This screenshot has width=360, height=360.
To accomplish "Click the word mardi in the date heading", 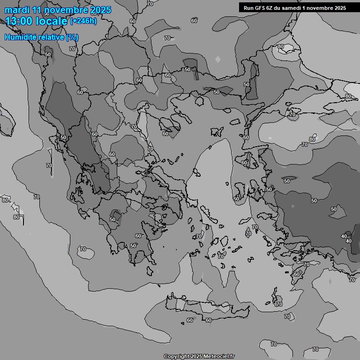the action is pyautogui.click(x=16, y=10).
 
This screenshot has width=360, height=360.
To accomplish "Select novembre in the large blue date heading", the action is pyautogui.click(x=67, y=10).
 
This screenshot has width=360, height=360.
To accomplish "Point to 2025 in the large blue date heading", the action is pyautogui.click(x=101, y=10).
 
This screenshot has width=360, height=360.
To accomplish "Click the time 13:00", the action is pyautogui.click(x=20, y=21).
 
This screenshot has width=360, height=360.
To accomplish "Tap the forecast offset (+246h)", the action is pyautogui.click(x=83, y=21).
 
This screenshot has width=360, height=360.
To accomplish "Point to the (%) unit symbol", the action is pyautogui.click(x=72, y=37).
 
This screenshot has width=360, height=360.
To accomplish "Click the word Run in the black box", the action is pyautogui.click(x=248, y=8).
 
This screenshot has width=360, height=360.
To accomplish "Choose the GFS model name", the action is pyautogui.click(x=260, y=8).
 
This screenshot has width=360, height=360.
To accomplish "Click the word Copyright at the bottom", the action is pyautogui.click(x=176, y=357).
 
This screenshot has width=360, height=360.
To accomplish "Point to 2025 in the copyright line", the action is pyautogui.click(x=196, y=357).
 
